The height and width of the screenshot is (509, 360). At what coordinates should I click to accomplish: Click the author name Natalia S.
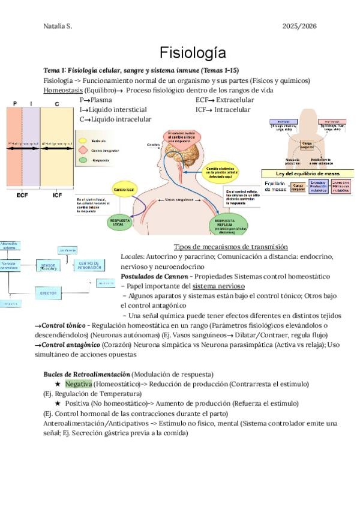[x=58, y=26]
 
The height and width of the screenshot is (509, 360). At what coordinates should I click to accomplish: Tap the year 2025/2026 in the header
[x=299, y=26]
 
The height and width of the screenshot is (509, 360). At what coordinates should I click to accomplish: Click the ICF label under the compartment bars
[x=57, y=195]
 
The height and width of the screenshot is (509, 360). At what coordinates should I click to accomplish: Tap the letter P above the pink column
[x=14, y=104]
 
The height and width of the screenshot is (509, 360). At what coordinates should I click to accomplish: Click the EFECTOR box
[x=48, y=293]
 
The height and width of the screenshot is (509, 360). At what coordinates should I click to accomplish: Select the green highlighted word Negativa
[x=79, y=384]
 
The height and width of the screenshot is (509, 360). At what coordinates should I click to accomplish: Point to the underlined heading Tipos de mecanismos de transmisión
[x=230, y=247]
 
